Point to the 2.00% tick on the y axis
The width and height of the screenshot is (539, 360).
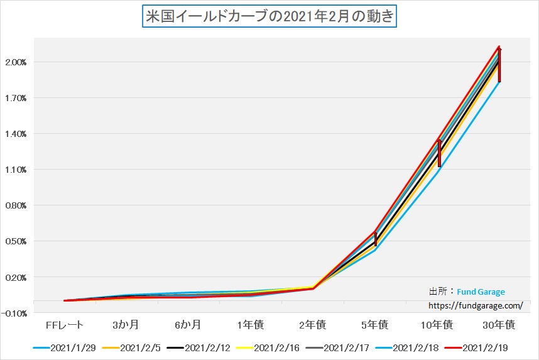16,62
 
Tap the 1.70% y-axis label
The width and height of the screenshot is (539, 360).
16,98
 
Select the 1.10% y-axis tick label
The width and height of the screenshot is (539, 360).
16,170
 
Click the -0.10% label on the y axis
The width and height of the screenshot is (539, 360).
16,313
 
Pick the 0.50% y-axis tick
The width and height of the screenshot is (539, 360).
16,241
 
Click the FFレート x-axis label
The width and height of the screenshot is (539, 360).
65,325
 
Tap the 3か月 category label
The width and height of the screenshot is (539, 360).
126,325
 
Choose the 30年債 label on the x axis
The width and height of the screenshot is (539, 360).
500,325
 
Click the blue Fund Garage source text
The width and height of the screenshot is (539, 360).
481,292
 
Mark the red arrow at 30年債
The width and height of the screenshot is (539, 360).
499,64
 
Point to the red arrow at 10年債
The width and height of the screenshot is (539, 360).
439,153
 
